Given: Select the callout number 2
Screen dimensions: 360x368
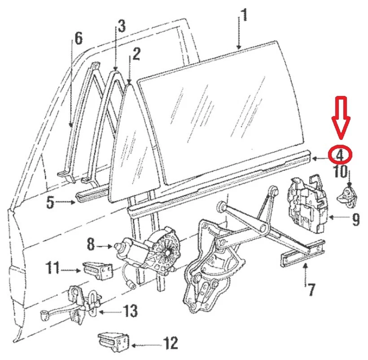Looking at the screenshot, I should click(x=136, y=54).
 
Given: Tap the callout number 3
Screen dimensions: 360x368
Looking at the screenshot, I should click(x=121, y=27).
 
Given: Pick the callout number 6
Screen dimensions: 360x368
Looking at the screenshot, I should click(x=78, y=39).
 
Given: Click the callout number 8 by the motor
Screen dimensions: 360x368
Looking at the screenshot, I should click(x=91, y=245).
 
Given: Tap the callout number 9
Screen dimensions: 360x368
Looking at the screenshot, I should click(x=355, y=219).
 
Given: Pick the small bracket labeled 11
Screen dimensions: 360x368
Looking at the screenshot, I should click(x=96, y=270).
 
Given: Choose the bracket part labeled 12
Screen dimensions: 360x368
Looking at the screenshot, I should click(x=114, y=342).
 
